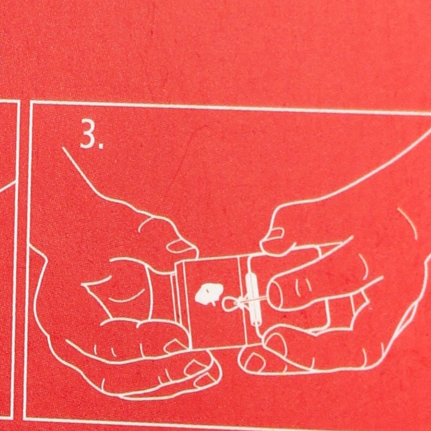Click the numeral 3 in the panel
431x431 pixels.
[x=88, y=134]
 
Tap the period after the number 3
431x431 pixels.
[x=101, y=146]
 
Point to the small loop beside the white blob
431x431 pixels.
[x=229, y=305]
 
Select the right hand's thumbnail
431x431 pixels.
[x=273, y=234]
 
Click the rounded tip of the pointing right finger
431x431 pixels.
[x=274, y=295]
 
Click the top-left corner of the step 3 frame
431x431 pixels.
[x=31, y=102]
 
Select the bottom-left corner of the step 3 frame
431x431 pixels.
[x=25, y=418]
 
